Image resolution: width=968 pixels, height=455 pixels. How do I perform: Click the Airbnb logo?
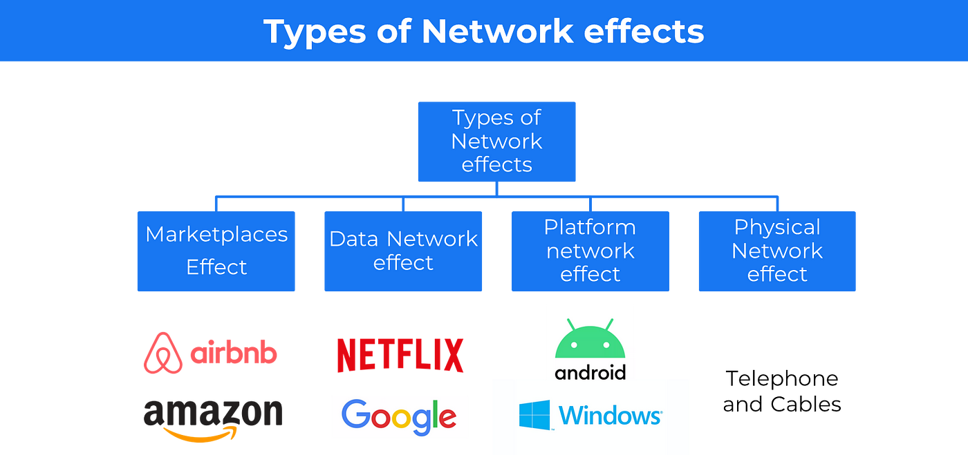[211, 353]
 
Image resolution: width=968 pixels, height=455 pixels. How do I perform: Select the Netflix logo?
[400, 356]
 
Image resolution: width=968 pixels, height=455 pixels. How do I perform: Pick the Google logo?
[399, 417]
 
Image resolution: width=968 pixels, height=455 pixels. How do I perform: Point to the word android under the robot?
[590, 373]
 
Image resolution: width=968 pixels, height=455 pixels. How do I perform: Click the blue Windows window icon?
[534, 416]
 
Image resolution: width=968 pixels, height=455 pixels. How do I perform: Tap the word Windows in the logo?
[610, 416]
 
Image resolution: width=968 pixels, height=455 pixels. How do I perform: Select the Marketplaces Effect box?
[216, 251]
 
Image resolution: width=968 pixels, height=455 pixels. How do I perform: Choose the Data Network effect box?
[403, 251]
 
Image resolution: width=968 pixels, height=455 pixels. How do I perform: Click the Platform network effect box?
[590, 251]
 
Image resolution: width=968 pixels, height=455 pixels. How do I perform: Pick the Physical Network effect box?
[777, 251]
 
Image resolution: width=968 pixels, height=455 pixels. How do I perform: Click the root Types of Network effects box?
[496, 142]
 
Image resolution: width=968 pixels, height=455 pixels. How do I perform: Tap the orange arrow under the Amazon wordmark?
[201, 434]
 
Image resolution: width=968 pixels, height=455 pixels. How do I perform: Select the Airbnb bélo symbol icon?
[163, 353]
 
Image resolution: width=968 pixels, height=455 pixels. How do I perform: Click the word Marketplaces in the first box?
[216, 234]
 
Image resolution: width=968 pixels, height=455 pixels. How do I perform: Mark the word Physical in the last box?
[777, 227]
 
